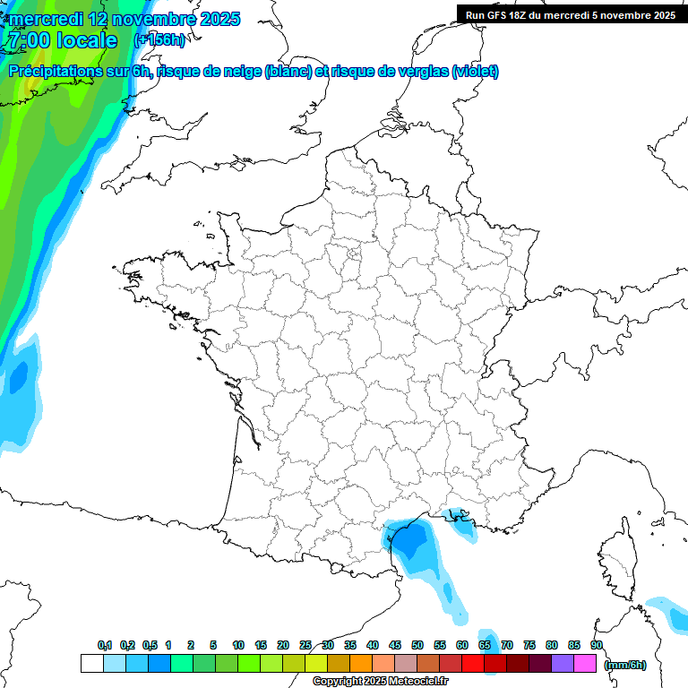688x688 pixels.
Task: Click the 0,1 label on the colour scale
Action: [104, 645]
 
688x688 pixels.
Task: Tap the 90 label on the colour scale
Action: [597, 645]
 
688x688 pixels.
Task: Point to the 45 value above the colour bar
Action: [395, 645]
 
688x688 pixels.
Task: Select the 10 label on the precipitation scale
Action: [238, 645]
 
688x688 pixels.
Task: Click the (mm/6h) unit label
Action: [624, 665]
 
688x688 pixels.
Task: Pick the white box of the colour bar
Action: [90, 663]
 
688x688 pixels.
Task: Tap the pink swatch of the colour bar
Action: [585, 663]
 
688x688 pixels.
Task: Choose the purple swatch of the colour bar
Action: [563, 663]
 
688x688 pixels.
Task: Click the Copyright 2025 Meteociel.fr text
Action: [381, 682]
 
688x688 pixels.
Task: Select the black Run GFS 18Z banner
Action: [570, 14]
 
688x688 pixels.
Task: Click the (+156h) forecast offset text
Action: [159, 40]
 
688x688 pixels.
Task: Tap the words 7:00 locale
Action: [62, 40]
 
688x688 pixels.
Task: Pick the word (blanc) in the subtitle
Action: [288, 71]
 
